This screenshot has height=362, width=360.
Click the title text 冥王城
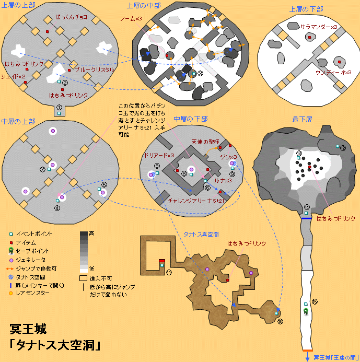28,330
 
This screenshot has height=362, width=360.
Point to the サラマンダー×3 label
318,27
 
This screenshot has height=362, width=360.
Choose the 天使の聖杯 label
203,141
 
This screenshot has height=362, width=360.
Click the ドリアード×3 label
160,155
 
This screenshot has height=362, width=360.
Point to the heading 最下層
302,120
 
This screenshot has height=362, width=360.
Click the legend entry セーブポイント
34,251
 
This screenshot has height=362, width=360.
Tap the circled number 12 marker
343,148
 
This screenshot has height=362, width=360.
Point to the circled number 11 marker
169,273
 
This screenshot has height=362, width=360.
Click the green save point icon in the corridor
306,311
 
